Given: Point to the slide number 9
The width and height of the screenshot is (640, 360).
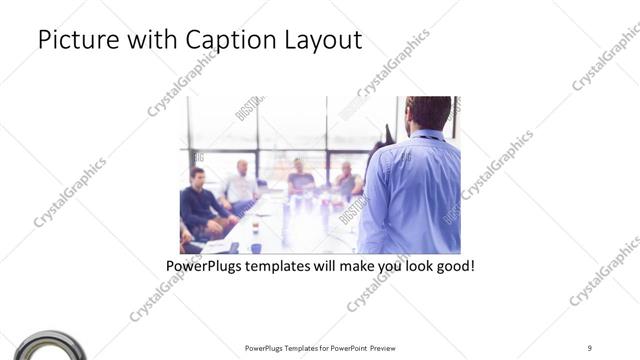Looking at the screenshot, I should pos(590,347).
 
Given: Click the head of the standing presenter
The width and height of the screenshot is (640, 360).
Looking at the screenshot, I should pos(427,112).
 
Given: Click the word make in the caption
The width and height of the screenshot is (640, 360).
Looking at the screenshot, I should pos(351,268).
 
